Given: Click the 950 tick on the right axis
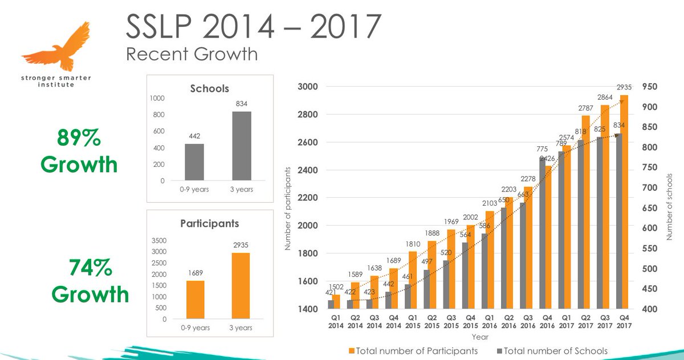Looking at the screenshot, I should [650, 87].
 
